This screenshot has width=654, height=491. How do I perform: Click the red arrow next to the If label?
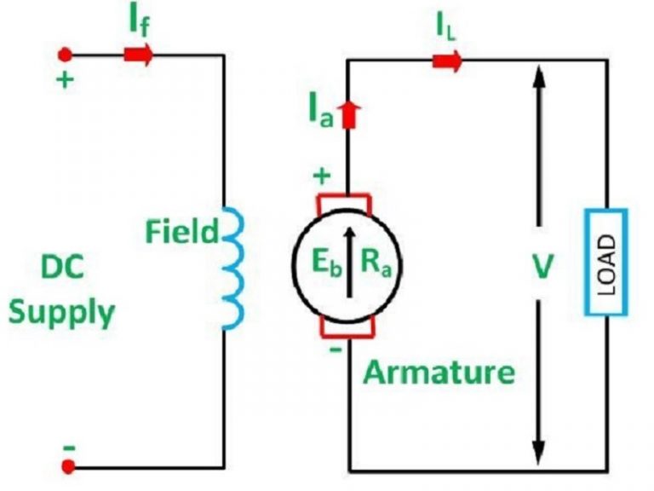[x=139, y=55]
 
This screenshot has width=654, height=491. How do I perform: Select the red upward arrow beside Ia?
[x=347, y=115]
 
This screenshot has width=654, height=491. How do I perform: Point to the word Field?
[x=181, y=231]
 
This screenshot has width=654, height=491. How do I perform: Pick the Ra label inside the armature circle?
[x=376, y=263]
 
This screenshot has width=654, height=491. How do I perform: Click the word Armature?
[x=439, y=372]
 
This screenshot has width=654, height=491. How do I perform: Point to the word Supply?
[x=61, y=313]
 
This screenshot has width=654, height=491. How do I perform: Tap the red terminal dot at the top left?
[x=67, y=55]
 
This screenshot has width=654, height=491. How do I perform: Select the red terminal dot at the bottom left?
[x=67, y=467]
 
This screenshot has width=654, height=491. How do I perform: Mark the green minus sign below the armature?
[x=335, y=349]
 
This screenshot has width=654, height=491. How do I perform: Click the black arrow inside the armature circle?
[x=347, y=263]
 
